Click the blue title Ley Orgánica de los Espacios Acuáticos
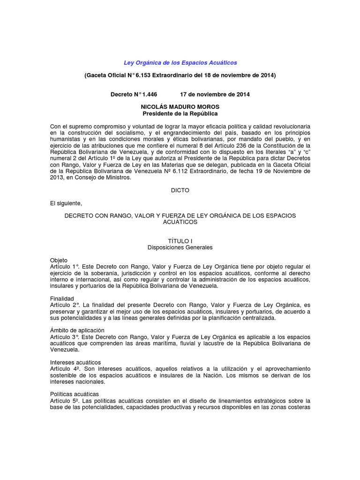[x=180, y=62]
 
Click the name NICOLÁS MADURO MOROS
[x=180, y=107]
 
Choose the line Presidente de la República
[x=180, y=113]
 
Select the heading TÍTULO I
[x=180, y=240]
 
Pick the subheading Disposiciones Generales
[x=180, y=247]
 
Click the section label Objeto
[x=59, y=260]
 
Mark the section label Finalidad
[x=62, y=298]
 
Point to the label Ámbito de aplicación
[x=77, y=330]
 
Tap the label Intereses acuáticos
[x=75, y=362]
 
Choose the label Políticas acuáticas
[x=74, y=394]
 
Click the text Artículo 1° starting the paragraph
[x=65, y=266]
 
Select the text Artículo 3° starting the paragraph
[x=65, y=337]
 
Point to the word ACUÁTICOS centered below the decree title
[x=180, y=222]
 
